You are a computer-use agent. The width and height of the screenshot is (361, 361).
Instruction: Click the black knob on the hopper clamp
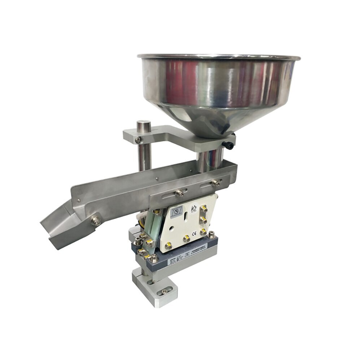(x=229, y=145)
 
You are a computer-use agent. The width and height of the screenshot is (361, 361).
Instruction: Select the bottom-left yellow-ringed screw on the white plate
(x=168, y=247)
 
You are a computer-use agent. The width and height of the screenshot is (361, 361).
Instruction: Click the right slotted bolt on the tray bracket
(x=216, y=182)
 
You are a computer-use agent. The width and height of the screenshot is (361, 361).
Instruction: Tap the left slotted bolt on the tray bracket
(x=179, y=193)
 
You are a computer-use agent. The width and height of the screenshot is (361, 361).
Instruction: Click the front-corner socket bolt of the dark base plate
(x=154, y=258)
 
